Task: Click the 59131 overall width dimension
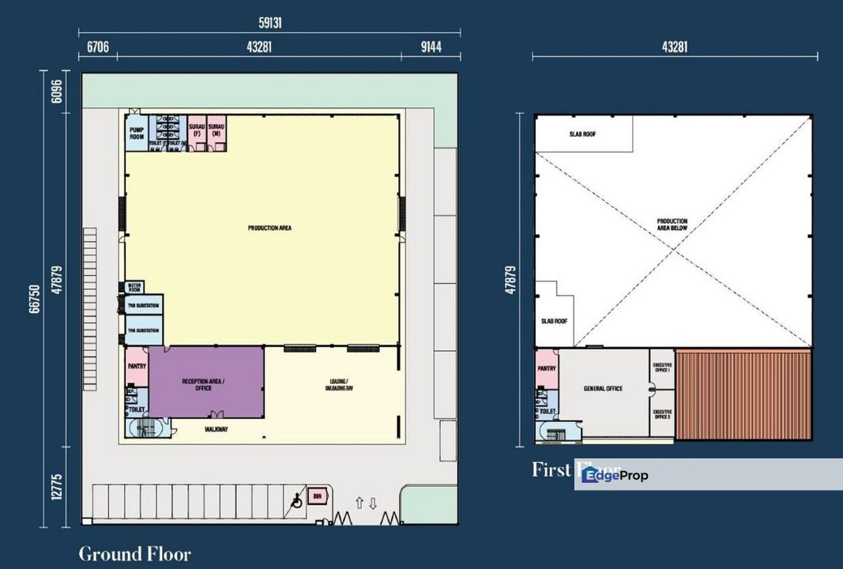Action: point(269,24)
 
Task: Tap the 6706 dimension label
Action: point(97,47)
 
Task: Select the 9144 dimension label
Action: point(431,47)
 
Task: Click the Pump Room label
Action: point(137,134)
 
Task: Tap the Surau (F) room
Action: point(197,131)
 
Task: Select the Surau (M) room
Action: point(217,131)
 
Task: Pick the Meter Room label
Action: point(134,288)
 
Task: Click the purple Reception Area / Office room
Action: point(205,383)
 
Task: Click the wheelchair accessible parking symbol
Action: point(297,499)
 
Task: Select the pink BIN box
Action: point(318,496)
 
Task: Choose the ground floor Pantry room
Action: point(137,367)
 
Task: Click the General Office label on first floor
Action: point(603,389)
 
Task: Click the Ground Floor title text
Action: point(134,554)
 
